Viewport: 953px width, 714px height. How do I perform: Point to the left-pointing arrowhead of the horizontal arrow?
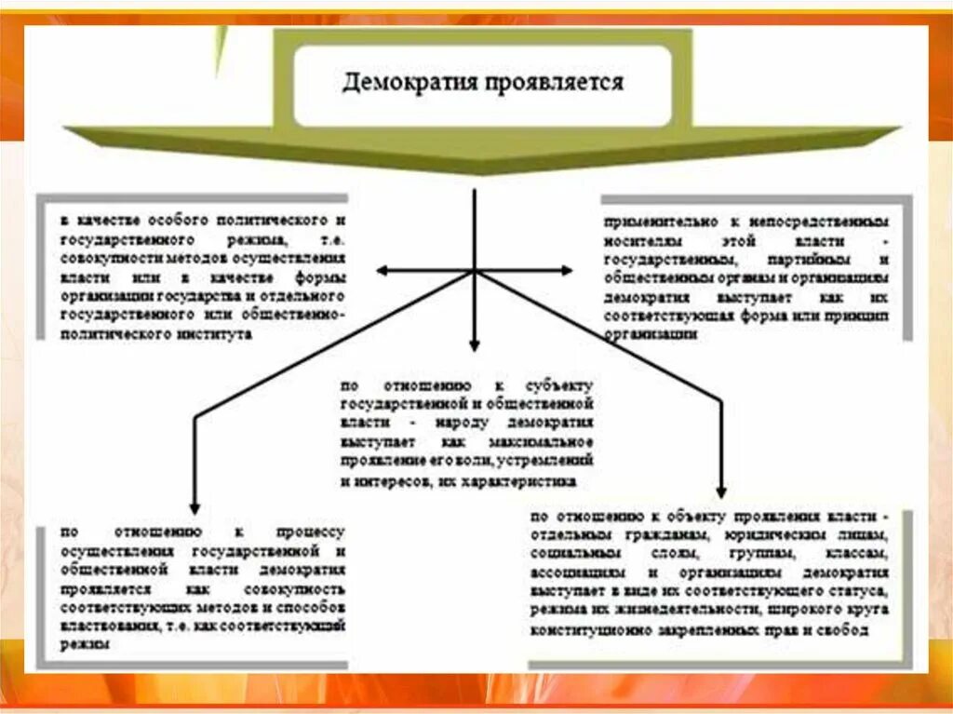click(382, 271)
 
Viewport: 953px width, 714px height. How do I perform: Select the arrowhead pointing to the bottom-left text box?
click(192, 506)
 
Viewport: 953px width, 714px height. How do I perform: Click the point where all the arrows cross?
click(475, 271)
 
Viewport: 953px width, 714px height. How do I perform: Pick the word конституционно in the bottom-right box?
click(586, 630)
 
